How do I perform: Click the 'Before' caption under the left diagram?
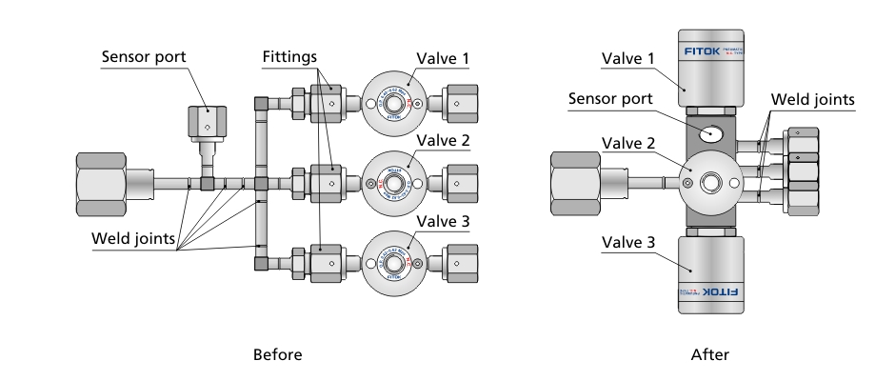pos(277,354)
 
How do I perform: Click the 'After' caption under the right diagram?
pos(710,354)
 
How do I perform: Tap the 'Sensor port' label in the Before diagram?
pos(145,57)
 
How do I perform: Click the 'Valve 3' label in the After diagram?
pos(629,243)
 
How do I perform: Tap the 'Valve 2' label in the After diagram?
pos(629,143)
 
